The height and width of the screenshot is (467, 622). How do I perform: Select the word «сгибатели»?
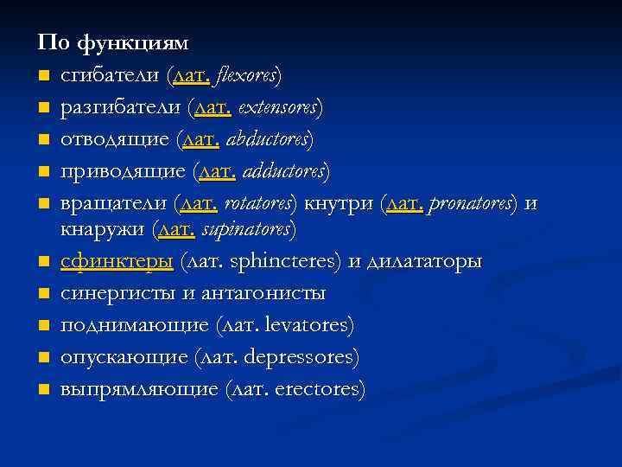(110, 75)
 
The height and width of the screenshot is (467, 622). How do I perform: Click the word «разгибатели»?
(121, 108)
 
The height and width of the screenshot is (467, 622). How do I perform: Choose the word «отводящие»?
(114, 139)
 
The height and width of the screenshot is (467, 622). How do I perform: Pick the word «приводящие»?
(123, 171)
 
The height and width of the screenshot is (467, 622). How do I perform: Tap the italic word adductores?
(286, 171)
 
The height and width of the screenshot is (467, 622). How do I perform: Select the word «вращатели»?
(113, 204)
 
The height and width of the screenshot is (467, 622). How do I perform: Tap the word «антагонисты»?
(264, 294)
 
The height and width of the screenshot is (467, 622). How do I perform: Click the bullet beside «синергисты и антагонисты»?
(42, 293)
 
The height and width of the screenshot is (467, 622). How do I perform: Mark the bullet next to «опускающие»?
(42, 357)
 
